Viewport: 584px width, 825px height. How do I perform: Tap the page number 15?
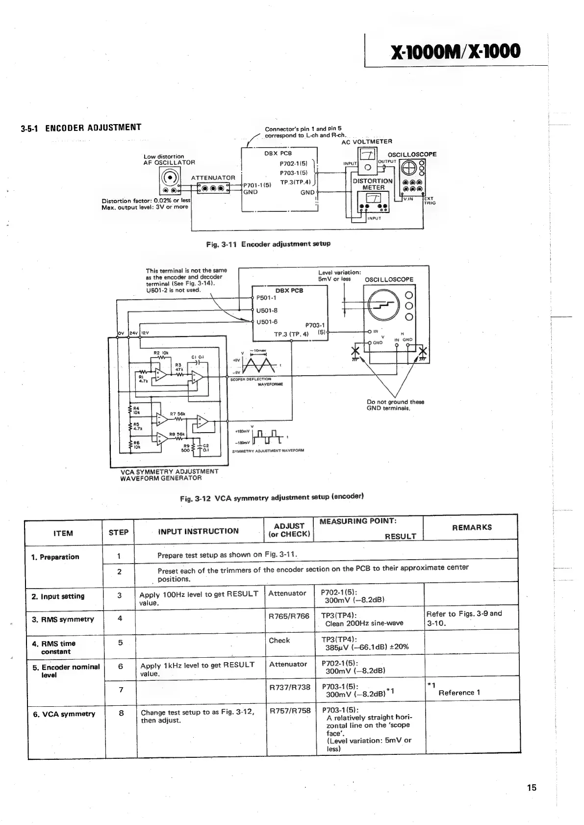[532, 788]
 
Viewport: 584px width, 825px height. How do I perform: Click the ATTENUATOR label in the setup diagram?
[213, 178]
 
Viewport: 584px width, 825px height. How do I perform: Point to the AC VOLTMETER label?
[367, 141]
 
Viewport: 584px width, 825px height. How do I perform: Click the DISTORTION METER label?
[373, 184]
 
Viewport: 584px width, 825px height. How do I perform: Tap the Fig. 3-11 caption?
[268, 244]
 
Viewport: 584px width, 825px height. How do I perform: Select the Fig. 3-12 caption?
[272, 497]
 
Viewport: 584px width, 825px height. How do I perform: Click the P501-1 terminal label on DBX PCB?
[266, 298]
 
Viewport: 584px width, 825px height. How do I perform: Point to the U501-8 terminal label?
[267, 310]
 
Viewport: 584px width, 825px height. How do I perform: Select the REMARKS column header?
[472, 527]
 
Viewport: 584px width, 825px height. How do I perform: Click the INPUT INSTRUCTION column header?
[198, 531]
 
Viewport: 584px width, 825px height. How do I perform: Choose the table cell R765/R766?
[289, 616]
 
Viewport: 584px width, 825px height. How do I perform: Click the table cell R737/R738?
[290, 687]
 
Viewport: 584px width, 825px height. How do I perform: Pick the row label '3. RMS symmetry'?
[62, 619]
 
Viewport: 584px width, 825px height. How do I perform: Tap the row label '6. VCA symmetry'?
[64, 714]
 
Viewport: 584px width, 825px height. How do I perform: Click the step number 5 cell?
[120, 643]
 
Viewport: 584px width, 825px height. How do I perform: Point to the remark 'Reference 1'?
[459, 693]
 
